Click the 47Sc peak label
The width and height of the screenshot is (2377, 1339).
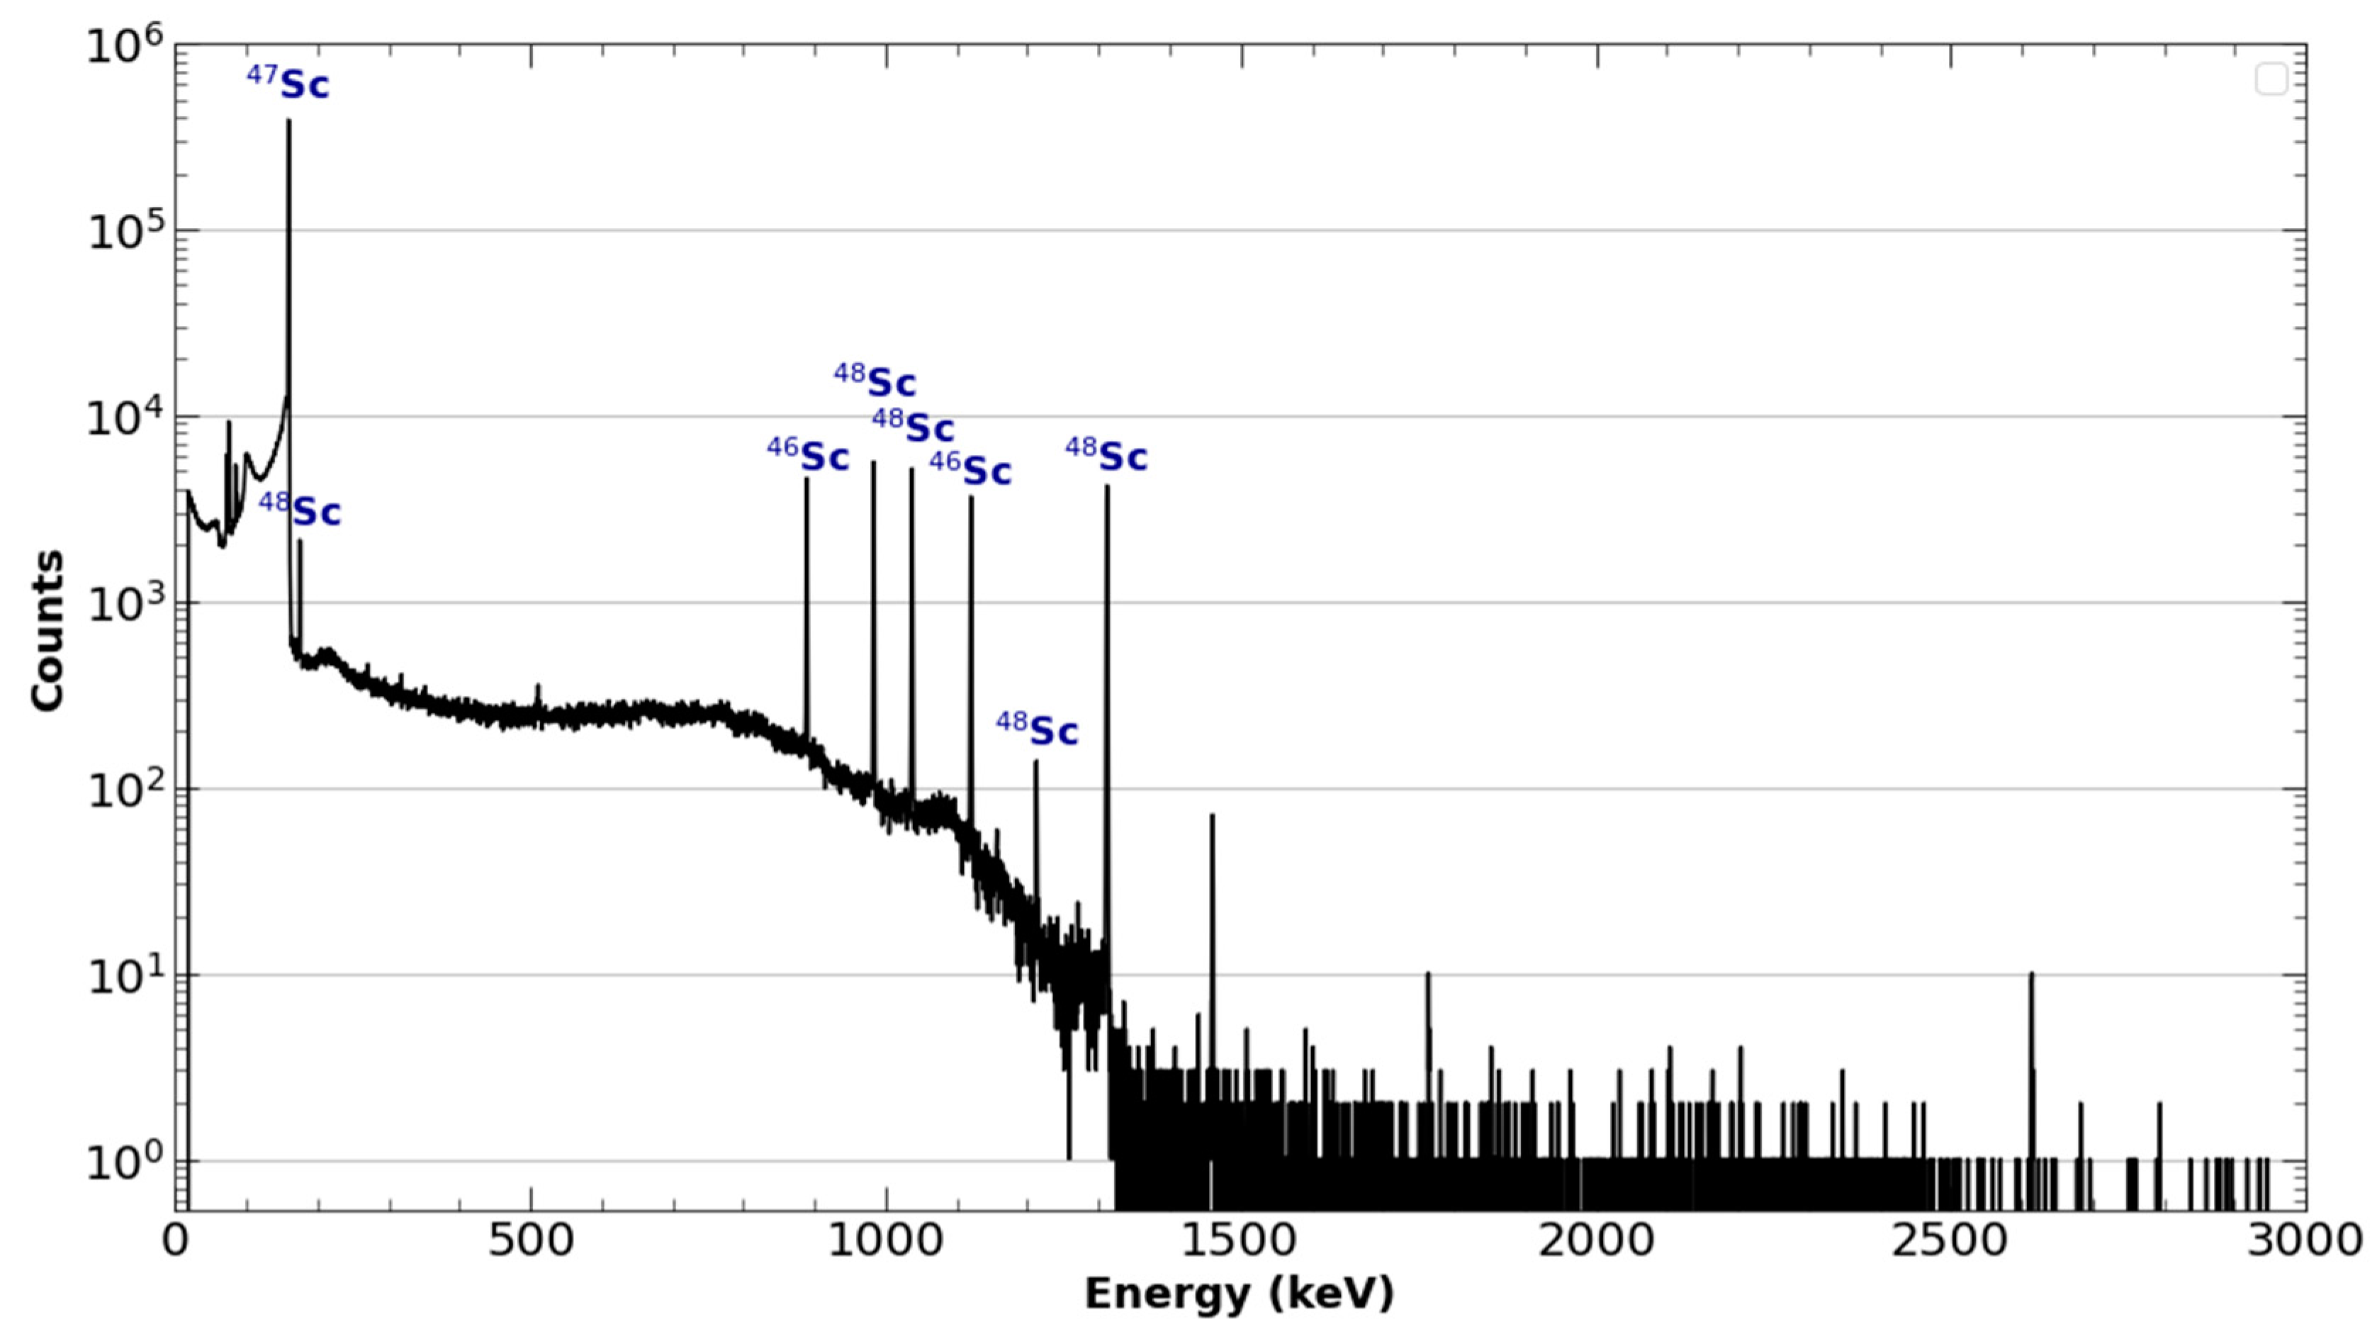pyautogui.click(x=288, y=84)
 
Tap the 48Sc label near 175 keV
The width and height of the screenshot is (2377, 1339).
pyautogui.click(x=300, y=510)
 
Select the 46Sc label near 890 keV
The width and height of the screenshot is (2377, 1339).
pyautogui.click(x=809, y=456)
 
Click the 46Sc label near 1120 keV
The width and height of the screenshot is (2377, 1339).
pyautogui.click(x=971, y=469)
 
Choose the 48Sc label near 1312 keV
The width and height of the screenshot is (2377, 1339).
pyautogui.click(x=1106, y=456)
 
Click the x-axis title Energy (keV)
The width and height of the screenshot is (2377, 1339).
pyautogui.click(x=1238, y=1294)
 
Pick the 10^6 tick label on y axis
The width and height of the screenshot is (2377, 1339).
pyautogui.click(x=125, y=46)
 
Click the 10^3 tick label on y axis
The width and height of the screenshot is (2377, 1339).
pyautogui.click(x=125, y=605)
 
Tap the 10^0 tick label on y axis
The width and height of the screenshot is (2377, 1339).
pyautogui.click(x=125, y=1162)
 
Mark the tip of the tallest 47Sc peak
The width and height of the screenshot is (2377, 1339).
pyautogui.click(x=289, y=120)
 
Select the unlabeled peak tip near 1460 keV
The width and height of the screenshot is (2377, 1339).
pyautogui.click(x=1212, y=816)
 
